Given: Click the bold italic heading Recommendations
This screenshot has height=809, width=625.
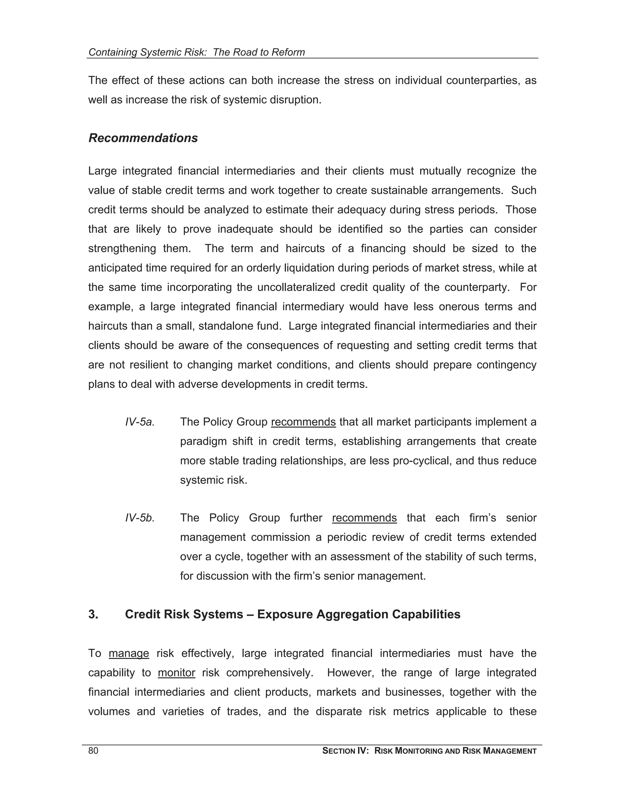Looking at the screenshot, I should pos(143,138).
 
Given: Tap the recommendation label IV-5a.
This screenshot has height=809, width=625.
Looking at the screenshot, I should pos(139,422).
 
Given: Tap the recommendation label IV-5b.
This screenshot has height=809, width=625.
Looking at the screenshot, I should pos(139,518).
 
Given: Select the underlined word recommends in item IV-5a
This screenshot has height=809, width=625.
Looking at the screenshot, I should pos(303,422).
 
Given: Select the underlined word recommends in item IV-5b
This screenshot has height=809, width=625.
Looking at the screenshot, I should pos(364,518).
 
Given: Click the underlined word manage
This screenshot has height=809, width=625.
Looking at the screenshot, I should pos(129,653).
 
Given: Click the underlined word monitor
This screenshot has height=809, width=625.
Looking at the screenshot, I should pos(176,673).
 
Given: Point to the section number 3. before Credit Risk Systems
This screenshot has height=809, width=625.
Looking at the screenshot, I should pos(93,615).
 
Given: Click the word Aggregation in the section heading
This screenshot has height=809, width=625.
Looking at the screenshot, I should pos(352,615).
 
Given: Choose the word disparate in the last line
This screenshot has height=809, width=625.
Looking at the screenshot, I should pos(338,712).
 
